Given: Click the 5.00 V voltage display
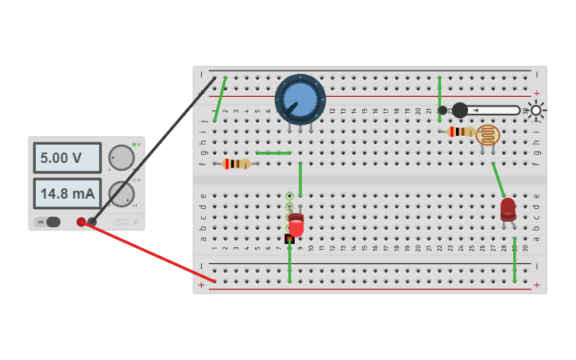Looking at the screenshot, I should pyautogui.click(x=67, y=157).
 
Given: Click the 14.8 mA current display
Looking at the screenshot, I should pyautogui.click(x=67, y=193).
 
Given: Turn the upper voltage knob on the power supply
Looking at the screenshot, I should pyautogui.click(x=121, y=157).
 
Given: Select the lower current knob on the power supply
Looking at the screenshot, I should pyautogui.click(x=121, y=193).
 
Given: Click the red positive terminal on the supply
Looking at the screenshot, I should pyautogui.click(x=81, y=222).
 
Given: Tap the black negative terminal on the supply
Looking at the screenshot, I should pyautogui.click(x=92, y=221).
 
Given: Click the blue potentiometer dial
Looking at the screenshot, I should pyautogui.click(x=300, y=99).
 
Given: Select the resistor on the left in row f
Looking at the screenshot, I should pyautogui.click(x=236, y=164).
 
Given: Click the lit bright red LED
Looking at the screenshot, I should pyautogui.click(x=296, y=226).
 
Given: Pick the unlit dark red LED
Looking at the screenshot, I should pyautogui.click(x=508, y=209).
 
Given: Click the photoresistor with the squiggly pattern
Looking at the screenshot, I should pyautogui.click(x=488, y=134).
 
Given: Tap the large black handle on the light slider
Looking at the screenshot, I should pyautogui.click(x=460, y=110).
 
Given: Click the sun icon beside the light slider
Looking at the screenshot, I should pyautogui.click(x=536, y=110).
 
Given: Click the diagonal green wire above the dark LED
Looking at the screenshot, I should pyautogui.click(x=498, y=180).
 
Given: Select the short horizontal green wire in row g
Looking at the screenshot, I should pyautogui.click(x=273, y=153).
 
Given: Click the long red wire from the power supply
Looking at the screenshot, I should pyautogui.click(x=151, y=254).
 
